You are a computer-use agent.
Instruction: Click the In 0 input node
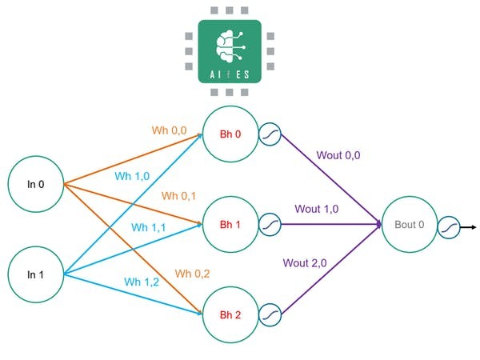(x=35, y=184)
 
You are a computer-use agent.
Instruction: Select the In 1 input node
(x=35, y=274)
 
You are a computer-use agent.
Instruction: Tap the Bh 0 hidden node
(x=231, y=134)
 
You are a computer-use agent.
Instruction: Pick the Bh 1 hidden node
(x=231, y=225)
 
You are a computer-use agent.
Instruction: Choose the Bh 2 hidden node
(x=231, y=315)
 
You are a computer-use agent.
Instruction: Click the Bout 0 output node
(x=410, y=225)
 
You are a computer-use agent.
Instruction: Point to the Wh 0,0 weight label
(x=170, y=130)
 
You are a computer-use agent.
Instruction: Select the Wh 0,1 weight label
(x=179, y=195)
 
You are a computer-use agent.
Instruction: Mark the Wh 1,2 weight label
(x=141, y=281)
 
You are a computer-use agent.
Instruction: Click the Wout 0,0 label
(x=338, y=155)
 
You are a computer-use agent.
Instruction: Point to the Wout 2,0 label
(x=306, y=261)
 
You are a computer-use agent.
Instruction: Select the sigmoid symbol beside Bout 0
(x=449, y=226)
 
